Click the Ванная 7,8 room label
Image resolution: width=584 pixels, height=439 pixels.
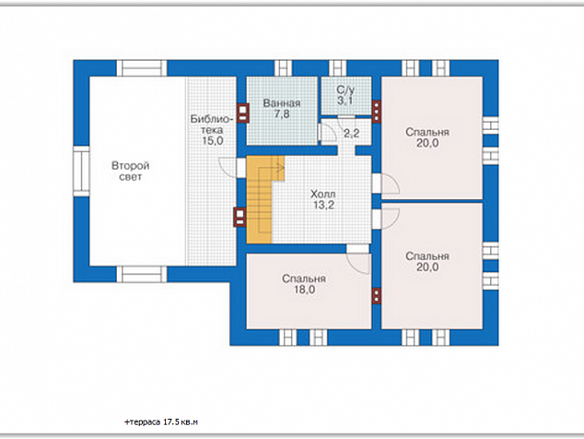pyautogui.click(x=282, y=109)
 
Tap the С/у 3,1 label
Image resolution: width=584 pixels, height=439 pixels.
pyautogui.click(x=345, y=95)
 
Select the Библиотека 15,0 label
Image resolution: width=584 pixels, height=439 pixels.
pyautogui.click(x=212, y=130)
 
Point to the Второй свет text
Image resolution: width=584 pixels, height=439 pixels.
pyautogui.click(x=131, y=171)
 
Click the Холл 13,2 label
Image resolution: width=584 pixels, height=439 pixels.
pyautogui.click(x=323, y=199)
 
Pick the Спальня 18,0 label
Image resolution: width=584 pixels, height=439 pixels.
pyautogui.click(x=304, y=284)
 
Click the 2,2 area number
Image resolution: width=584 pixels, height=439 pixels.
pyautogui.click(x=351, y=133)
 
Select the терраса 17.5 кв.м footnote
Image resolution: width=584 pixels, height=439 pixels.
pyautogui.click(x=161, y=422)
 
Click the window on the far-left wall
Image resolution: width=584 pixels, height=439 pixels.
pyautogui.click(x=81, y=172)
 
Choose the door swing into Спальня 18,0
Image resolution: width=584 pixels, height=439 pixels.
pyautogui.click(x=358, y=264)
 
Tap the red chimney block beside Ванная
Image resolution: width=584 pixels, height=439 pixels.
pyautogui.click(x=243, y=113)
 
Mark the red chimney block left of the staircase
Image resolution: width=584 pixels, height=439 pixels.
pyautogui.click(x=239, y=217)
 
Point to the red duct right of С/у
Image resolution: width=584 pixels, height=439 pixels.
pyautogui.click(x=377, y=112)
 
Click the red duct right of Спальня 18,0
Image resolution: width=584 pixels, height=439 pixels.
pyautogui.click(x=377, y=296)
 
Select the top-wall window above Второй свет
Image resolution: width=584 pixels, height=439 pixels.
pyautogui.click(x=142, y=68)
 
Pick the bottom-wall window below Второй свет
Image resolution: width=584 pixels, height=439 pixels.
pyautogui.click(x=142, y=274)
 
